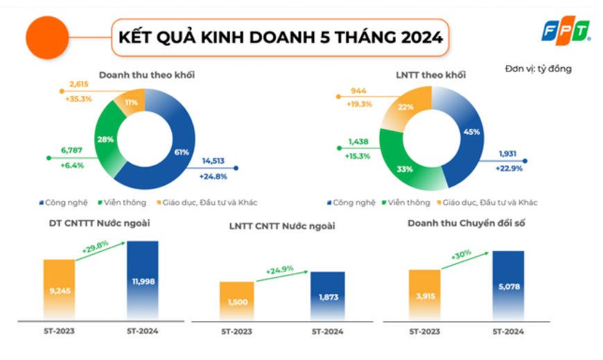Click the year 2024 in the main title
(419, 37)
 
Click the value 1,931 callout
(509, 154)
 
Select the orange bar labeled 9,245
(59, 289)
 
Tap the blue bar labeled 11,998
(143, 281)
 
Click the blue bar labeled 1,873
(327, 296)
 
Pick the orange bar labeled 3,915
(424, 295)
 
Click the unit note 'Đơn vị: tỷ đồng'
(539, 69)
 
